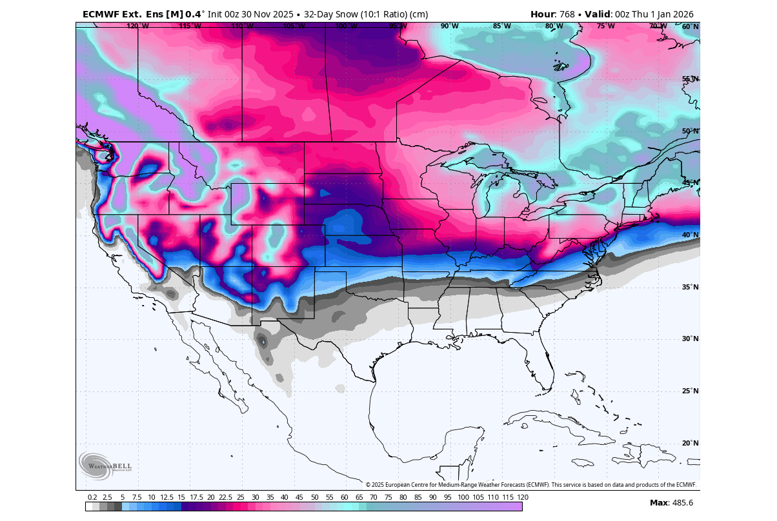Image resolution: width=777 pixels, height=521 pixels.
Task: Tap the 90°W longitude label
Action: (450, 26)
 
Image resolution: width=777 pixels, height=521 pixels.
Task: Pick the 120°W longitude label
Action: (137, 26)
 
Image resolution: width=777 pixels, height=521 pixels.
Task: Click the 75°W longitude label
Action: (605, 26)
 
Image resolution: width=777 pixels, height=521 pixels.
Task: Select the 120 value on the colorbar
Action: (523, 497)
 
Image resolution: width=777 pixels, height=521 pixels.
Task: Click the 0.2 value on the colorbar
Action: (92, 497)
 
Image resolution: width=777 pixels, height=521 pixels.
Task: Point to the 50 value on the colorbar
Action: (314, 497)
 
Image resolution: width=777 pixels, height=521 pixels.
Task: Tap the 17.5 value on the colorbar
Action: (196, 497)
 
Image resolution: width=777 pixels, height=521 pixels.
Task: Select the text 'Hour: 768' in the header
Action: (552, 14)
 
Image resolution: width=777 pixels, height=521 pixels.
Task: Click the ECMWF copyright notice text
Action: (531, 485)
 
